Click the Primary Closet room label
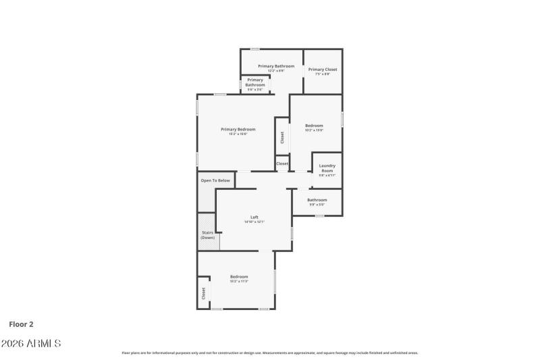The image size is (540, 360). coord(323,70)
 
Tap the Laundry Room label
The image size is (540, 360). coord(327,168)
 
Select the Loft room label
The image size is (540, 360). coord(254,217)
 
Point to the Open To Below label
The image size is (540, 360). coord(215,180)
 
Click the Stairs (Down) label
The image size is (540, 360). coord(208,235)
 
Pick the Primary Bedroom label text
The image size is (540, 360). coord(238,129)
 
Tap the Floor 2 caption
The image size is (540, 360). coord(21,324)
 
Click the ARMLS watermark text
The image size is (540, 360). coord(31,344)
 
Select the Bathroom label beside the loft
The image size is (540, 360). coord(317,200)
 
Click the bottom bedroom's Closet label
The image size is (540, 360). coord(203,294)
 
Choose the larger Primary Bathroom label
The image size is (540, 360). coord(276,66)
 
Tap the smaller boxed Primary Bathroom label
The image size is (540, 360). coord(255,82)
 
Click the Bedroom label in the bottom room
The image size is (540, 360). coord(239,276)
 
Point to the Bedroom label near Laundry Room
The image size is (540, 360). coord(314,125)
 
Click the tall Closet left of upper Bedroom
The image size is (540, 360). coord(282,137)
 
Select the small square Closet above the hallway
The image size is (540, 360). coord(282,163)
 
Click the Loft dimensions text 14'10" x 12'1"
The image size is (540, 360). coord(254,222)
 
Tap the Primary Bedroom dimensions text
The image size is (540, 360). coord(238,134)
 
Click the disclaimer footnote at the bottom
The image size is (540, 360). coord(269,353)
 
